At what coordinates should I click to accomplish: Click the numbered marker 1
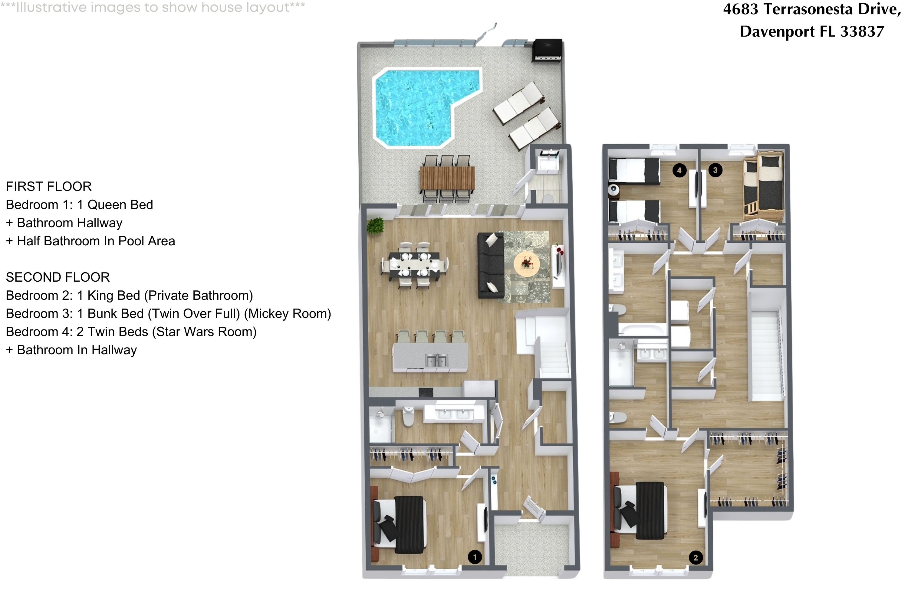[x=475, y=557]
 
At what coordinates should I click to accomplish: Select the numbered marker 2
[x=696, y=557]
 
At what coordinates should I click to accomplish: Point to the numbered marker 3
[x=716, y=170]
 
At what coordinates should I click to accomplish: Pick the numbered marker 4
[x=679, y=170]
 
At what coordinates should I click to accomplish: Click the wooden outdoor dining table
[x=447, y=178]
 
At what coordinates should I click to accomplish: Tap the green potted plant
[x=375, y=225]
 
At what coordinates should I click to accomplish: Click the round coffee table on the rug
[x=527, y=263]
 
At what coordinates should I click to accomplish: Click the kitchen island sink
[x=437, y=360]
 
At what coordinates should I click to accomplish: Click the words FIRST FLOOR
[x=49, y=186]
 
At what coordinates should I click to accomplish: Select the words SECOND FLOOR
[x=58, y=277]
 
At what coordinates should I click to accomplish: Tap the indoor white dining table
[x=414, y=266]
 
